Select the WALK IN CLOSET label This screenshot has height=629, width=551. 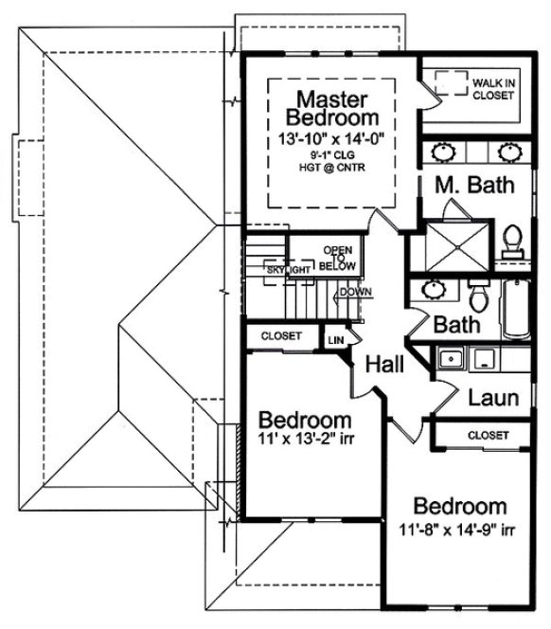click(x=492, y=88)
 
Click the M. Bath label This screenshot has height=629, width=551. click(x=475, y=185)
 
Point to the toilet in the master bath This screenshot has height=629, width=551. click(x=512, y=240)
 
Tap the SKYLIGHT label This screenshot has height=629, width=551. click(x=288, y=271)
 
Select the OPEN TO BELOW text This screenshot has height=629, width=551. click(x=338, y=259)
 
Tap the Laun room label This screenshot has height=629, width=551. click(x=493, y=398)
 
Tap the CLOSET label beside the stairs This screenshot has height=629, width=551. click(x=280, y=336)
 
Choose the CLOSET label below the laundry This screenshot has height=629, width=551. click(x=488, y=434)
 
